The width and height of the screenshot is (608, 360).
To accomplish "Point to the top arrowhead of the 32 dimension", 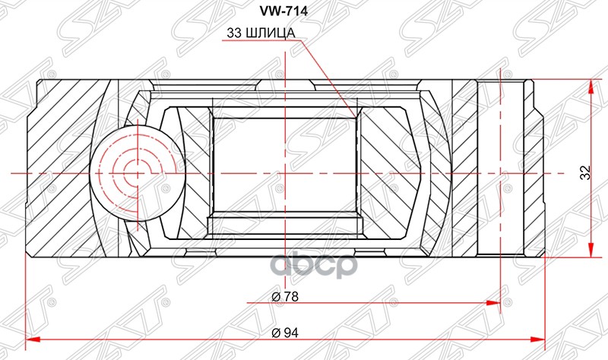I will click(x=591, y=81).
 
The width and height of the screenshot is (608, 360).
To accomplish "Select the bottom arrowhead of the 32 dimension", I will click(x=591, y=257).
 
